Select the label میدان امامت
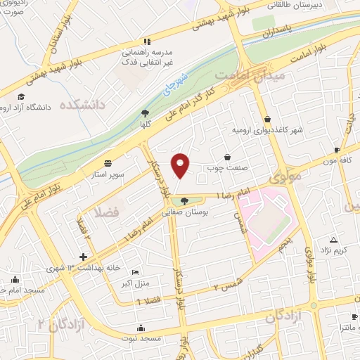[x=250, y=73]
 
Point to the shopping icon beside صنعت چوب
[x=227, y=157]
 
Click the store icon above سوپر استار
[x=108, y=161]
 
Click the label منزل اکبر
[x=131, y=283]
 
